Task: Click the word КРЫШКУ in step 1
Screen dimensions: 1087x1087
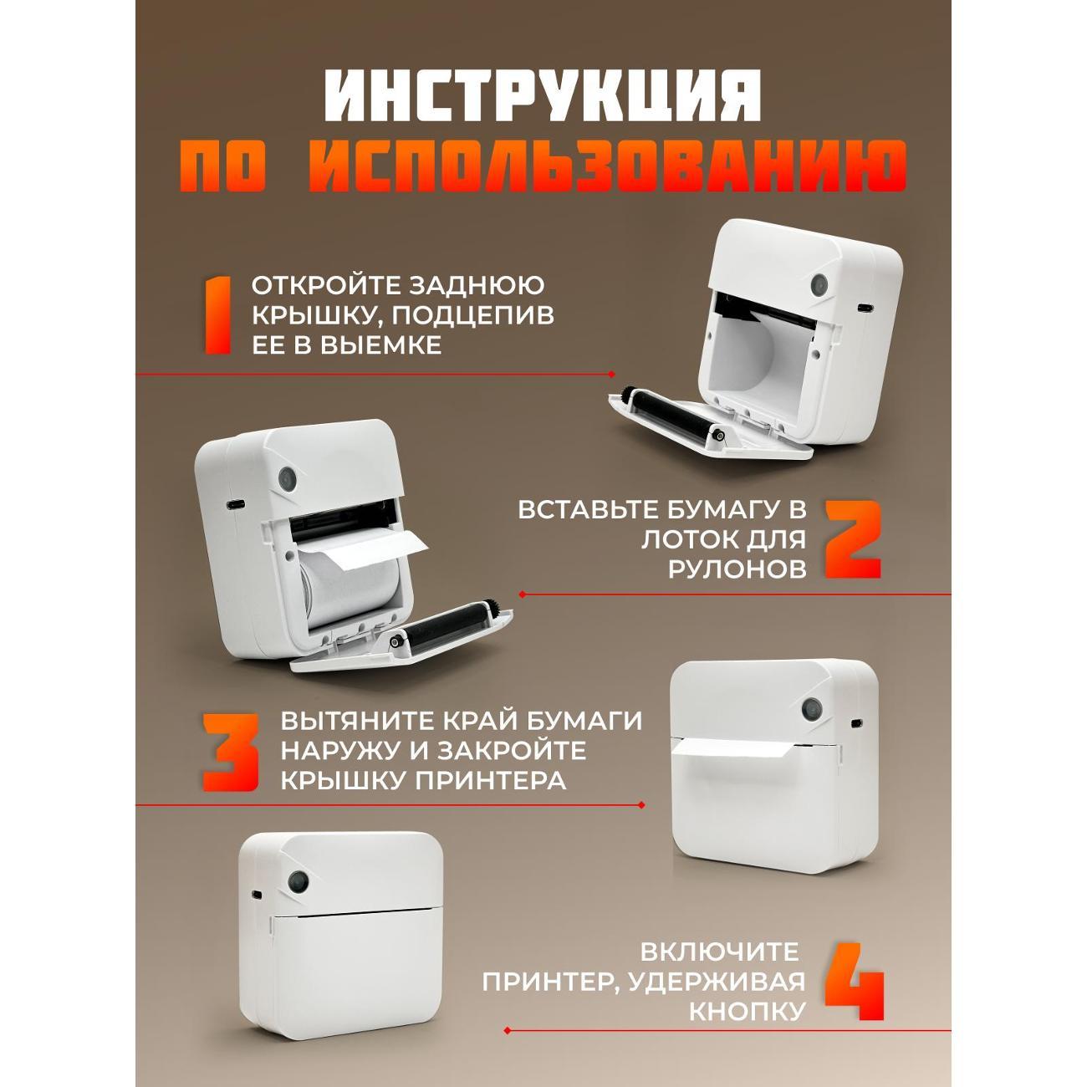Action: [303, 315]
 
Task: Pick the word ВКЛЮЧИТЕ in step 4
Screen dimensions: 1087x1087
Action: [719, 952]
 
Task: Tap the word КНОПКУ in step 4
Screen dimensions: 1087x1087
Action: [747, 1011]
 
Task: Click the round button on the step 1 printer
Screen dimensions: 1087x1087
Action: [819, 285]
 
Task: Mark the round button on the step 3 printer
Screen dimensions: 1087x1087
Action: [811, 709]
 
